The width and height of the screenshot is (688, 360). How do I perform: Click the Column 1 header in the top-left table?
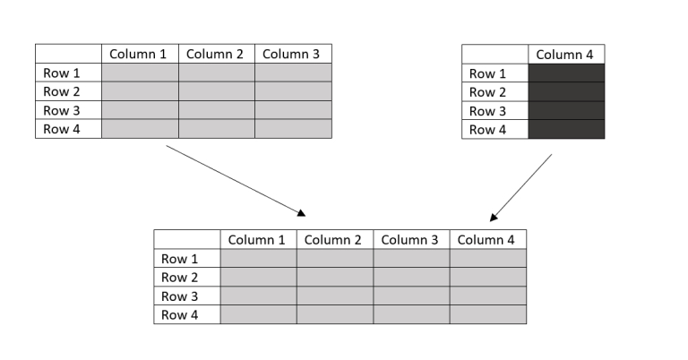click(x=140, y=54)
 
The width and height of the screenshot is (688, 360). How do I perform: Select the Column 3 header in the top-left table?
click(x=293, y=54)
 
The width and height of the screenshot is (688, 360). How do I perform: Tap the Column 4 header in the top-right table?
click(x=565, y=55)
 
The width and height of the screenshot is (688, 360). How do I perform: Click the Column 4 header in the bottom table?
click(x=487, y=239)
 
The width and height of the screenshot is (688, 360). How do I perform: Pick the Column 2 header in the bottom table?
click(x=334, y=239)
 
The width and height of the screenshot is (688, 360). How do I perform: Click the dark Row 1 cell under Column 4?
click(x=566, y=73)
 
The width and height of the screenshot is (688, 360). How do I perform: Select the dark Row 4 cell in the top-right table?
click(x=566, y=130)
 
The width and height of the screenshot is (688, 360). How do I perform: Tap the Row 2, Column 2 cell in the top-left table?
click(x=217, y=91)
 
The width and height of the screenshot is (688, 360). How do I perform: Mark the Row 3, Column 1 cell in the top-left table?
click(x=140, y=110)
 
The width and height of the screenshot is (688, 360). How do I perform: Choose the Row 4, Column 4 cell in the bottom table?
click(x=487, y=314)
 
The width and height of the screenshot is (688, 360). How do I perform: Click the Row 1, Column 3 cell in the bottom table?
click(x=411, y=258)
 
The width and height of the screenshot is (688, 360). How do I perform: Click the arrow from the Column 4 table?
click(x=520, y=187)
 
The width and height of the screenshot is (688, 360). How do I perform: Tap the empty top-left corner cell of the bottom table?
click(x=186, y=239)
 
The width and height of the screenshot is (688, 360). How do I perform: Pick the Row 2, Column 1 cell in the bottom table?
click(x=258, y=277)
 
